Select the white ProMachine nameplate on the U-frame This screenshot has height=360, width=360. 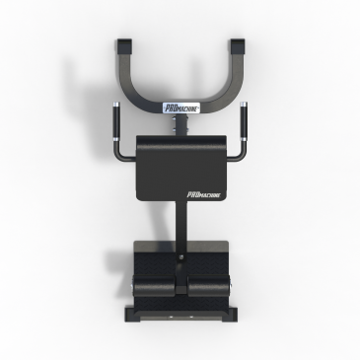tap(181, 108)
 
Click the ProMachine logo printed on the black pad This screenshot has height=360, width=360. tap(204, 194)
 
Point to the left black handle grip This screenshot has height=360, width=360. tap(116, 122)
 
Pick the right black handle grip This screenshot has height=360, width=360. tap(244, 122)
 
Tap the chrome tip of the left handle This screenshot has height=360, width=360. tap(116, 105)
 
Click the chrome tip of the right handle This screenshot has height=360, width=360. tap(244, 105)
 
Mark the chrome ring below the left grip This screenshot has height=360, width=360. tap(116, 139)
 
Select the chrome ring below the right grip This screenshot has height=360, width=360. tap(244, 139)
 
